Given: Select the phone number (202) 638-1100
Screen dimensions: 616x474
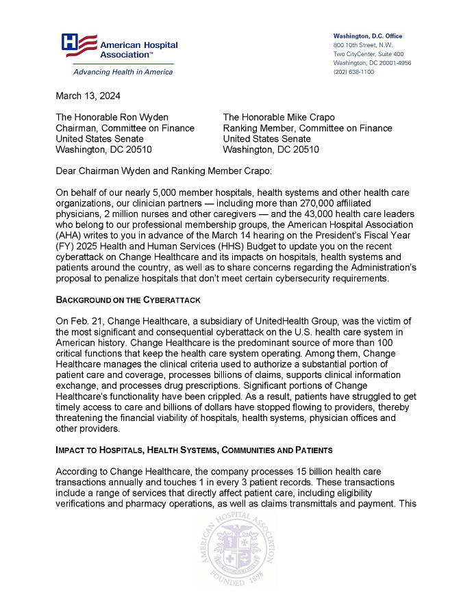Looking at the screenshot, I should point(353,72).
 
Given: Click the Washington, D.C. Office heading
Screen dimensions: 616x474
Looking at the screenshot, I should point(367,36).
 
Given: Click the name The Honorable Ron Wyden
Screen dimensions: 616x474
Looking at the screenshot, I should point(112,117).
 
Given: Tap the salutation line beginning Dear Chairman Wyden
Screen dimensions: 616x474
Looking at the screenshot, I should point(164,170).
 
